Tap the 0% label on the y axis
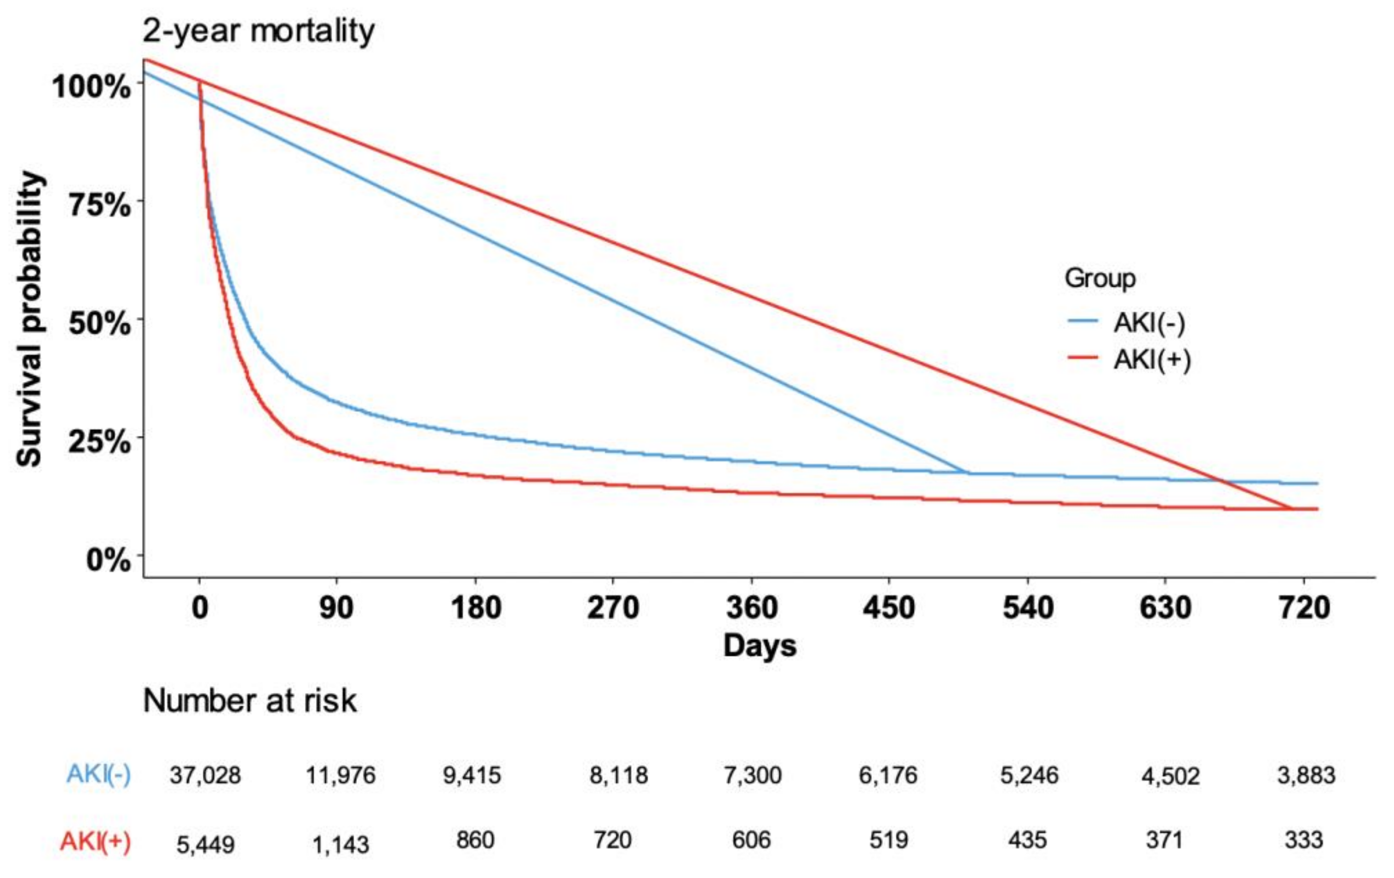tap(108, 560)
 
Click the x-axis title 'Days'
tap(760, 645)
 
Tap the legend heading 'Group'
tap(1100, 278)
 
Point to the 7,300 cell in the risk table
tap(753, 775)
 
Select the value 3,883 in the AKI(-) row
tap(1306, 775)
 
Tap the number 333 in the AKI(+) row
tap(1304, 840)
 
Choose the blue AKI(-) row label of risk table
tap(98, 774)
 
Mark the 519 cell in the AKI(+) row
tap(888, 840)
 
